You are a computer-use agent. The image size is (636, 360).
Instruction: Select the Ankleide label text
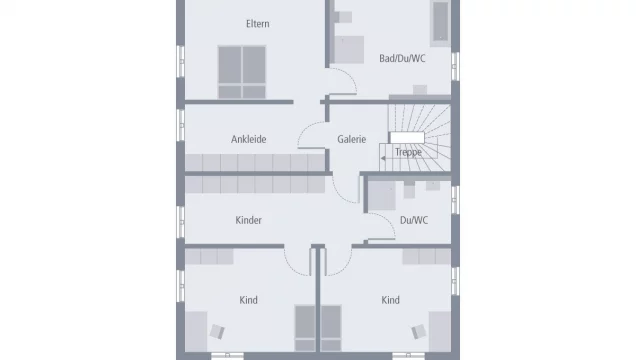tap(248, 140)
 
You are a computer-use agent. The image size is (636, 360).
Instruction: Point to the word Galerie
tap(351, 140)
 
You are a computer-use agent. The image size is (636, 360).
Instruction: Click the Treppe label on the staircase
tap(406, 153)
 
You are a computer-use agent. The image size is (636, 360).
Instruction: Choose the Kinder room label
tap(248, 220)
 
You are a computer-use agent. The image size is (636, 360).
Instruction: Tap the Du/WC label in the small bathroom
tap(413, 220)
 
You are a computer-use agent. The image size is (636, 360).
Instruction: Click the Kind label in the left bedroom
tap(248, 300)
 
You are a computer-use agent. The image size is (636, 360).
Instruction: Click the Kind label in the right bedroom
tap(390, 300)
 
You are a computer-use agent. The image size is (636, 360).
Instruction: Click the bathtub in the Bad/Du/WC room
tap(440, 21)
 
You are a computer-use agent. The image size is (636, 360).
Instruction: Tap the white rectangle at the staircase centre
tap(407, 138)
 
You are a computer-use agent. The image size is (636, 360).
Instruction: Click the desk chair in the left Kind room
tap(216, 329)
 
